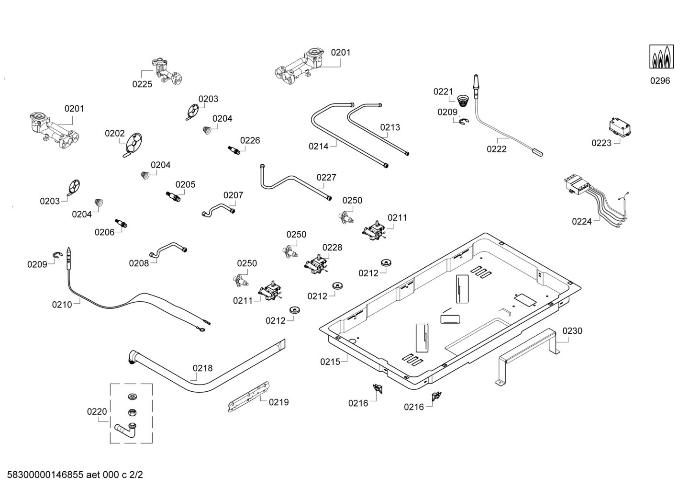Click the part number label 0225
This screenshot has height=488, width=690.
[142, 84]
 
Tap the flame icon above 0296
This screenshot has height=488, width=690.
[661, 57]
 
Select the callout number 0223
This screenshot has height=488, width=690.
[601, 143]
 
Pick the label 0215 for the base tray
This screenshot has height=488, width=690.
[330, 362]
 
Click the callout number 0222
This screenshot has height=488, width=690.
[497, 149]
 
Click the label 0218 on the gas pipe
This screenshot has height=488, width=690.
[202, 368]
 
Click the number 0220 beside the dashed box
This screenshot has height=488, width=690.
[97, 411]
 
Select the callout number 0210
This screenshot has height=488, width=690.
[62, 304]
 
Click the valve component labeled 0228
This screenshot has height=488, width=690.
[315, 264]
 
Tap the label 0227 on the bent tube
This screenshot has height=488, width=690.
[326, 177]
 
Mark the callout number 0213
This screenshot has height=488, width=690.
[390, 127]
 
